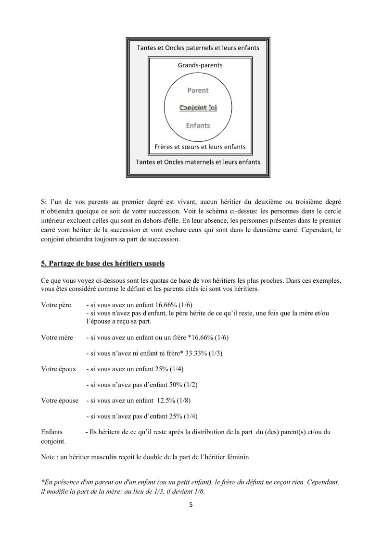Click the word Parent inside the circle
[x=198, y=90]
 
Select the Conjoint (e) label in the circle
[x=198, y=108]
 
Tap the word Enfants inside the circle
[x=198, y=126]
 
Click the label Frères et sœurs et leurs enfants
[x=200, y=147]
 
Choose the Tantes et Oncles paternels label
[x=198, y=48]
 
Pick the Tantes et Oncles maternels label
[x=198, y=162]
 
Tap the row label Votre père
[x=56, y=305]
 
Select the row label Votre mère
[x=57, y=338]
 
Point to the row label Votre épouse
[x=60, y=401]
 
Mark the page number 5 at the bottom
[x=191, y=505]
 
